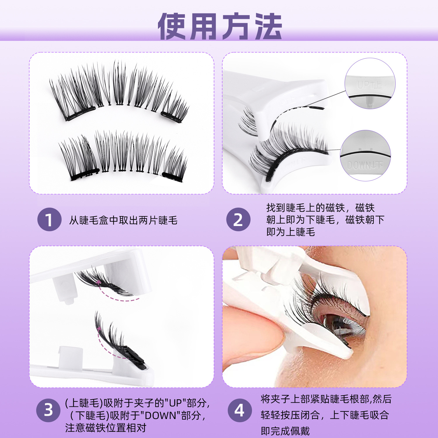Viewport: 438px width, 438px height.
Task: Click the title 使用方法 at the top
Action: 220,26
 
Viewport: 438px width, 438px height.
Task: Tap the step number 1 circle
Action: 49,220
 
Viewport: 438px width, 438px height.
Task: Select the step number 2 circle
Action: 238,220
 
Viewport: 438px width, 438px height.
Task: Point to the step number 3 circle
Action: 48,410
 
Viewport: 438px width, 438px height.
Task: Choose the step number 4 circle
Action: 239,410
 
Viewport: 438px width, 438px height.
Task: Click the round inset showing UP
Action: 370,84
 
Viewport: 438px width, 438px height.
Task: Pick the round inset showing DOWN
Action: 365,155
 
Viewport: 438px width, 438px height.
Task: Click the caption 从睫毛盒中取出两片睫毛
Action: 123,220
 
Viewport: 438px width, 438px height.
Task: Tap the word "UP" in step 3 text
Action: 175,403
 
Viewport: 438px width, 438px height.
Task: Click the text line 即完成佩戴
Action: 285,431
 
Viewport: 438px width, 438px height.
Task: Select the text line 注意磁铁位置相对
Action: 105,428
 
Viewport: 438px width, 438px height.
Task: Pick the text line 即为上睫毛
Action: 291,232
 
